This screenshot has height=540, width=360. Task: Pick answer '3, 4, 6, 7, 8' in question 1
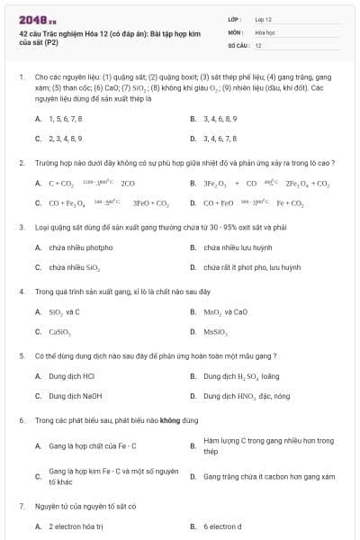pos(220,139)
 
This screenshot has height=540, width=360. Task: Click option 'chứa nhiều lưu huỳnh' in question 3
pos(238,247)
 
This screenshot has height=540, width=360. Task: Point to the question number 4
pos(21,292)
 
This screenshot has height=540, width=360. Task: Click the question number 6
pos(21,420)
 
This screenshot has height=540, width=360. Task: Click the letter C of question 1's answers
pos(38,139)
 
